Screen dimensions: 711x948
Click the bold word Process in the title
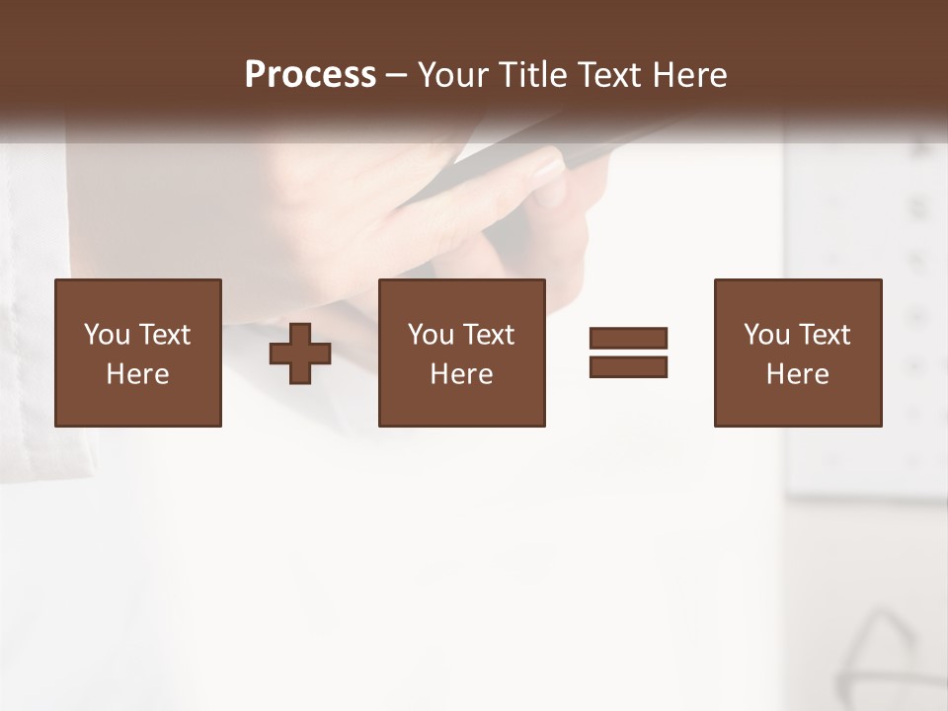tap(310, 75)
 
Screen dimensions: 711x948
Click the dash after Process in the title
tap(397, 76)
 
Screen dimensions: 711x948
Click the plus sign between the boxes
tap(300, 354)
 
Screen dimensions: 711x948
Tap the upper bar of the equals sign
tap(628, 339)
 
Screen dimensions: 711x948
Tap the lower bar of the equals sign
tap(628, 366)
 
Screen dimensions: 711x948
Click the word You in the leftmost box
tap(106, 335)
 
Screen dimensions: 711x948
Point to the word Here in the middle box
tap(461, 374)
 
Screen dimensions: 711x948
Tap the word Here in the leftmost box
tap(137, 374)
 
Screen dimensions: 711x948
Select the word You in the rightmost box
tap(766, 335)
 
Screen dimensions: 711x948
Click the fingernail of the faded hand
tap(548, 166)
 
